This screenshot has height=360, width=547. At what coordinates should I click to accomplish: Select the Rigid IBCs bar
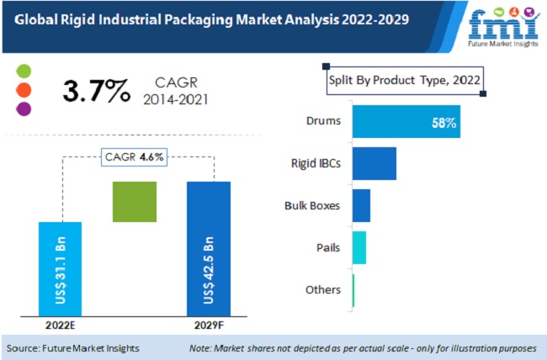[x=374, y=163]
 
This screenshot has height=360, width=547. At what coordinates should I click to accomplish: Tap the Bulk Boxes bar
[x=361, y=205]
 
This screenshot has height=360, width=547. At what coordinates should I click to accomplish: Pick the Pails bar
[x=358, y=247]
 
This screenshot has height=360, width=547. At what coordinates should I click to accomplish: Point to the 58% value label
[x=443, y=124]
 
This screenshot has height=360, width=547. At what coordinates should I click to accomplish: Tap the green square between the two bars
[x=135, y=202]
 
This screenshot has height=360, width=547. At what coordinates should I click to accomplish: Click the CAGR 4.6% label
[x=135, y=156]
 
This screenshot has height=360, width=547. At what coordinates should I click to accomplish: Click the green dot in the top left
[x=24, y=71]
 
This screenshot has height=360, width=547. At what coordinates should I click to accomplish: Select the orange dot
[x=24, y=89]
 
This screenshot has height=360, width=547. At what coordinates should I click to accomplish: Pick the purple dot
[x=24, y=108]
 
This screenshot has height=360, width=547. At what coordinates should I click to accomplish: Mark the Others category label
[x=323, y=290]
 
